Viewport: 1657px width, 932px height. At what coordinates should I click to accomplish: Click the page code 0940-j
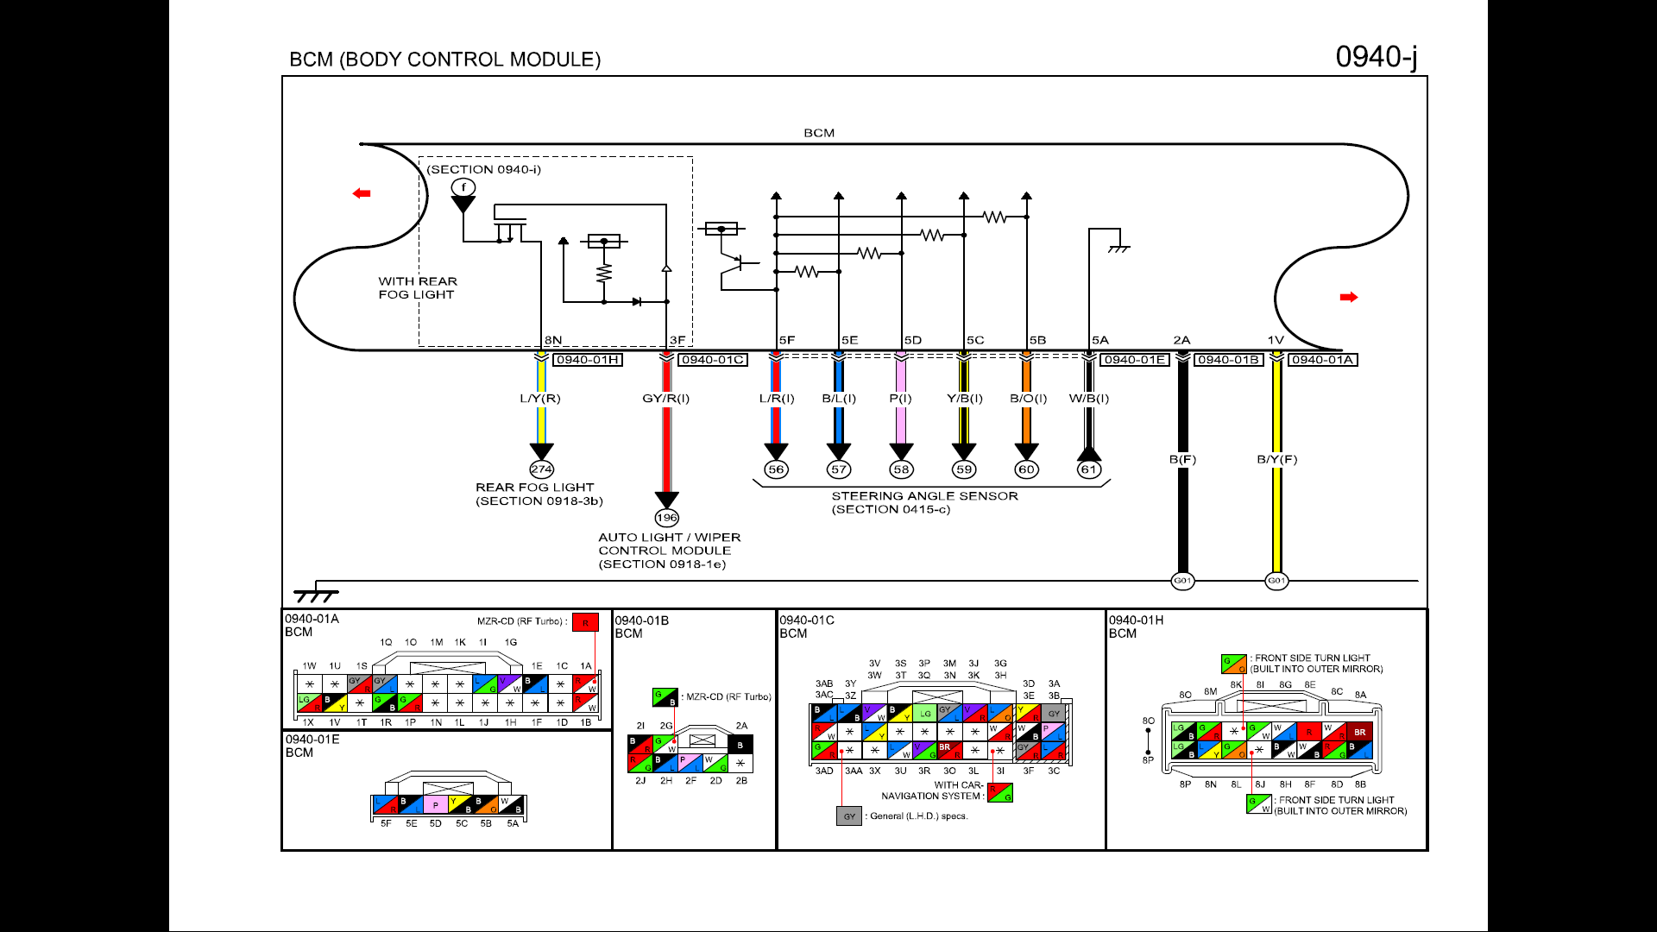coord(1376,57)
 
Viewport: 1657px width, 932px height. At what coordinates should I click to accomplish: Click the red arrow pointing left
coord(362,193)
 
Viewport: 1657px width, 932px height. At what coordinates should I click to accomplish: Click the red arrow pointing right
coord(1349,297)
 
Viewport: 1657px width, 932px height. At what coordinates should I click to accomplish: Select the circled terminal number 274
coord(541,469)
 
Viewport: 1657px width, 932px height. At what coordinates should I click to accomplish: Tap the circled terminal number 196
coord(666,518)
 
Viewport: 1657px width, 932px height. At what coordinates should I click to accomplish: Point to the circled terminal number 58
coord(901,469)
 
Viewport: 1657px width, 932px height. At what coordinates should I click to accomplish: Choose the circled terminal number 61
coord(1089,469)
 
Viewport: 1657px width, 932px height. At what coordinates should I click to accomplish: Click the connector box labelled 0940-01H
coord(588,360)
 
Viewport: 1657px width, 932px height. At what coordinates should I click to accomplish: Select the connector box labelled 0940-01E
coord(1135,360)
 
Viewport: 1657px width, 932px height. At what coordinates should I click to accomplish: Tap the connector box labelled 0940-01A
coord(1322,360)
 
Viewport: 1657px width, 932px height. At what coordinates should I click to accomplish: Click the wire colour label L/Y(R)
coord(540,399)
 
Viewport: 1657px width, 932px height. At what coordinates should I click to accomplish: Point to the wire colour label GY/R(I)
coord(665,399)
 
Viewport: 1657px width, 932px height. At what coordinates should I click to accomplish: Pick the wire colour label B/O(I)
coord(1028,399)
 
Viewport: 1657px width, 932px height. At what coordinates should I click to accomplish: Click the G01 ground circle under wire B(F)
coord(1182,581)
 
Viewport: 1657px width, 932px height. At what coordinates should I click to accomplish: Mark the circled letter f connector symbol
coord(463,187)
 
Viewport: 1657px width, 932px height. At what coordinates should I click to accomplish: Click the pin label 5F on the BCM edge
coord(786,341)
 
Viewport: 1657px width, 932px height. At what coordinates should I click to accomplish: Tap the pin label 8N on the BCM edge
coord(553,341)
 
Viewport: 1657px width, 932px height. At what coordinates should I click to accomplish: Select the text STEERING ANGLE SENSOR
coord(924,496)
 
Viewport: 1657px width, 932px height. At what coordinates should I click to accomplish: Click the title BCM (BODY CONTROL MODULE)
coord(444,60)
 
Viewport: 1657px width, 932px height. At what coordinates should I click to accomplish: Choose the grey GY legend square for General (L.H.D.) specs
coord(849,815)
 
